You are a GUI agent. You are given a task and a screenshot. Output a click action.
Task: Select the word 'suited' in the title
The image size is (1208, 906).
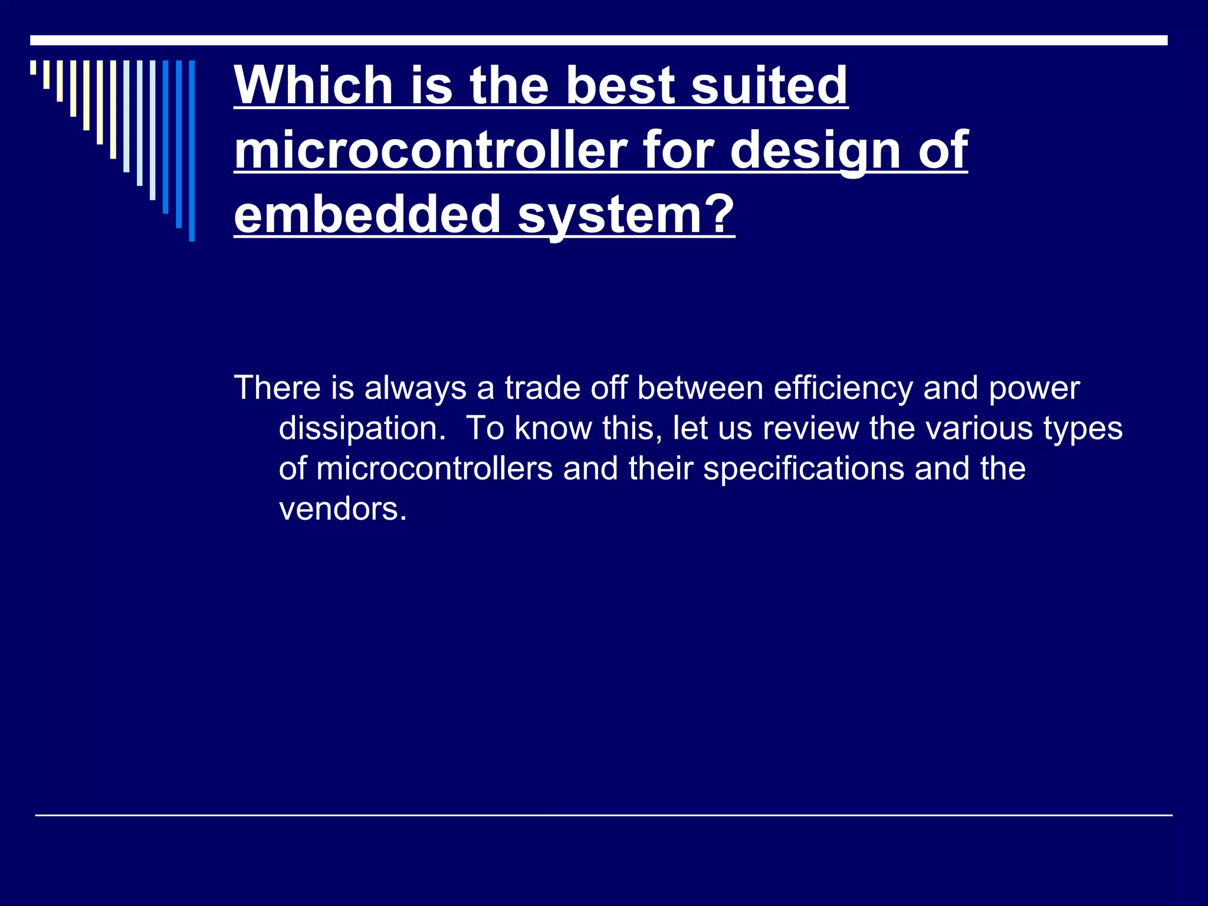click(x=769, y=85)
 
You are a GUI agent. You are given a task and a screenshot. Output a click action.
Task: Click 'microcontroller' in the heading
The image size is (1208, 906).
click(x=431, y=150)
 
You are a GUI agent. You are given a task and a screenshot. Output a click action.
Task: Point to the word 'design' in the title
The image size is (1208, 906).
click(x=816, y=151)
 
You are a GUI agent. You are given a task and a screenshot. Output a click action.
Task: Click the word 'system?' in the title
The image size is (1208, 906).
click(x=626, y=215)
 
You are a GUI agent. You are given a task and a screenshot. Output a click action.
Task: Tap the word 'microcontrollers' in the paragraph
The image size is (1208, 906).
click(x=435, y=468)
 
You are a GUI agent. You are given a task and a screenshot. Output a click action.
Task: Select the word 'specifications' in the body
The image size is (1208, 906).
click(x=804, y=470)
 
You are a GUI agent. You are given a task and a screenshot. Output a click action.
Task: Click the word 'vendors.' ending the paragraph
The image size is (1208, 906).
click(x=343, y=508)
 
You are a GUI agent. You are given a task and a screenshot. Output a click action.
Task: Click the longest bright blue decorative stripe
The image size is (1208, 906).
click(x=192, y=151)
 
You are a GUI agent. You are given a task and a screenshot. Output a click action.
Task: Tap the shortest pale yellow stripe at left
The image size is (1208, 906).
click(x=34, y=67)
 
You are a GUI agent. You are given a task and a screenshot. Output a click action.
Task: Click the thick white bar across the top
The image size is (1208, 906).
click(x=599, y=40)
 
